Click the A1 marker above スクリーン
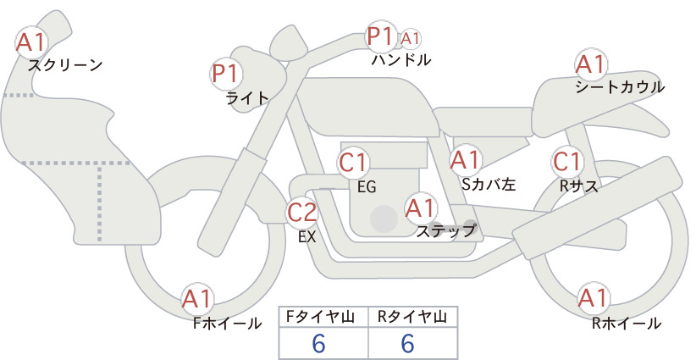(x=31, y=42)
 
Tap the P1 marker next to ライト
(x=226, y=74)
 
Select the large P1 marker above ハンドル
(x=381, y=36)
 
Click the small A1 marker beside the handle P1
(x=410, y=39)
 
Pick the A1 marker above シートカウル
(x=591, y=64)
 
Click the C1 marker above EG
(x=353, y=163)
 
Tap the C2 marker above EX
(x=301, y=213)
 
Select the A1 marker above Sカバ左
(x=466, y=160)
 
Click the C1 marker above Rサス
(x=567, y=162)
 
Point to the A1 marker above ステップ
(x=421, y=208)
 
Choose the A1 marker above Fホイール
(x=197, y=299)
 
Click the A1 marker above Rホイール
(x=593, y=298)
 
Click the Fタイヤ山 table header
(x=323, y=317)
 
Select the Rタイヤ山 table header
(x=412, y=317)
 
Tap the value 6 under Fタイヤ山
(x=318, y=343)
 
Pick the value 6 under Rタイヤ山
(x=407, y=343)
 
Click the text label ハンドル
(x=401, y=60)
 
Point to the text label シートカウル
(x=620, y=87)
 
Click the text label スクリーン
(x=65, y=65)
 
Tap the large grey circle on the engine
(x=384, y=219)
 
